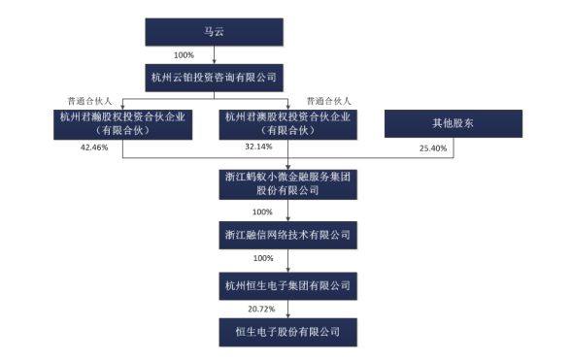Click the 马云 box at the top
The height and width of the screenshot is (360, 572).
coord(215,31)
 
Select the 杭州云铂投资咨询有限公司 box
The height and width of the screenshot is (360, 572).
coord(216,76)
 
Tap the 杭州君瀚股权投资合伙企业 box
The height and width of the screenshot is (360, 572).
coord(122,124)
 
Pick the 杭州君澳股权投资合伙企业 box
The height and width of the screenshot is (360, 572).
coord(287,124)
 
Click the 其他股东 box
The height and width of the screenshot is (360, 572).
coord(452,123)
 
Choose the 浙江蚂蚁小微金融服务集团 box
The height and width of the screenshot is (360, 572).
coord(286,182)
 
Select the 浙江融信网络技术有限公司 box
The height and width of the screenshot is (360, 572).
coord(286,234)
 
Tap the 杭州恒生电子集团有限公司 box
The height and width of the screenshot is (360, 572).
coord(286,285)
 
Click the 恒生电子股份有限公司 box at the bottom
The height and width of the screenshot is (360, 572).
coord(286,333)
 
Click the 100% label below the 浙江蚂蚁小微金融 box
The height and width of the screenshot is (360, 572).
coord(262,211)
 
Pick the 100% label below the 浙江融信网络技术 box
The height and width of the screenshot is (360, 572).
coord(262,260)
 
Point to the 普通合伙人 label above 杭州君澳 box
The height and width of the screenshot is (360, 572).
coord(327,100)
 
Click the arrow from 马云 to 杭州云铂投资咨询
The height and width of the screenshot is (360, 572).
coord(216,54)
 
